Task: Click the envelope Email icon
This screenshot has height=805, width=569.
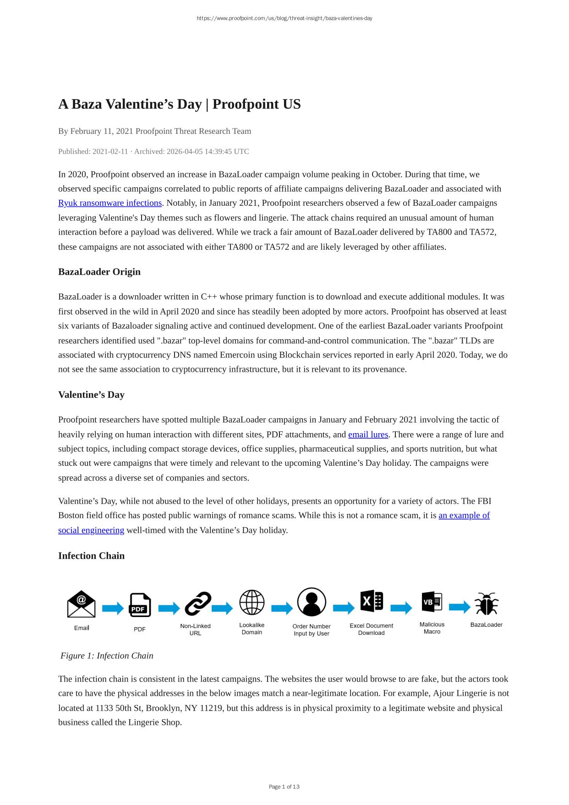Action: pos(81,604)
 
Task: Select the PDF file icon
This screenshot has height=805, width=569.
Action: pos(140,605)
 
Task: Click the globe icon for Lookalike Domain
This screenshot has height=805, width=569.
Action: pos(252,602)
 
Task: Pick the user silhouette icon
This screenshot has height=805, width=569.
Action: pos(312,602)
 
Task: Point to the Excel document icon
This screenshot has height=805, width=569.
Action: pos(372,601)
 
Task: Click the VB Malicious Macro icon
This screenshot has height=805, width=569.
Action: pos(432,601)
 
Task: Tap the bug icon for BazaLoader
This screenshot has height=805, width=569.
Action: pos(486,604)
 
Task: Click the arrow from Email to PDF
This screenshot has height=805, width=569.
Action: pos(113,608)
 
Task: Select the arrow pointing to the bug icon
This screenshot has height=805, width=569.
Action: pos(460,607)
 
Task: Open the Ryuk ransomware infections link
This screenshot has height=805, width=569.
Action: pos(110,203)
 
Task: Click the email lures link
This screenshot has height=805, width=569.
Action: pos(368,435)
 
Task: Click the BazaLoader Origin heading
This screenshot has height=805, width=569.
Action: pos(99,272)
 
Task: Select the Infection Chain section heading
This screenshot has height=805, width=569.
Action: pos(91,556)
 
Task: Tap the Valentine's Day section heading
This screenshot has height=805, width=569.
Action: pos(91,395)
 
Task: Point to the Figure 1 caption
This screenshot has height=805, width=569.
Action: pos(107,656)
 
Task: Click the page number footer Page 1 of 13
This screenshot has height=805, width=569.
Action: pos(284,787)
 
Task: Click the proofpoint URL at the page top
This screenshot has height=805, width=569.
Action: pos(284,18)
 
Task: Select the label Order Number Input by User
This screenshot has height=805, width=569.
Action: pos(312,630)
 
